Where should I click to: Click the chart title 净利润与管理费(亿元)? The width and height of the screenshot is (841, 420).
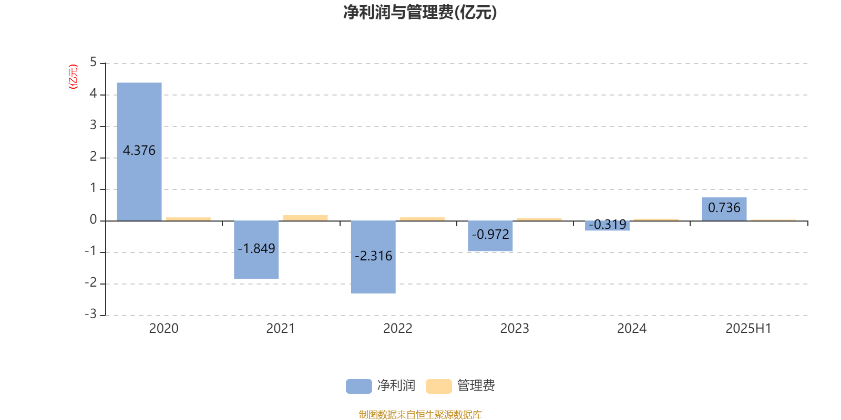pyautogui.click(x=420, y=13)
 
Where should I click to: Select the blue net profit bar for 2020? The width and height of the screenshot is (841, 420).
pyautogui.click(x=139, y=152)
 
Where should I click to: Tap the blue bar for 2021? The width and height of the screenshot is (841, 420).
pyautogui.click(x=257, y=250)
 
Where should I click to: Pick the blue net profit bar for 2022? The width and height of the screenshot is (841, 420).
pyautogui.click(x=373, y=257)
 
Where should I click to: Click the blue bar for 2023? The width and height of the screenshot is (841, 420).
pyautogui.click(x=490, y=236)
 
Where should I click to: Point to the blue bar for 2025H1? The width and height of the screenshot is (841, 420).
pyautogui.click(x=724, y=209)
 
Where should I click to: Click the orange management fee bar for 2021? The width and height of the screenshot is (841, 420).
pyautogui.click(x=305, y=218)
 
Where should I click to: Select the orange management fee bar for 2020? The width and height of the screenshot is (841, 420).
pyautogui.click(x=189, y=219)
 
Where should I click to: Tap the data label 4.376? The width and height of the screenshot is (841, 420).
pyautogui.click(x=139, y=150)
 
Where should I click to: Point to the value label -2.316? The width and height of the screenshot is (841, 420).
pyautogui.click(x=373, y=256)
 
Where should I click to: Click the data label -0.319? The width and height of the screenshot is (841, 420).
pyautogui.click(x=608, y=224)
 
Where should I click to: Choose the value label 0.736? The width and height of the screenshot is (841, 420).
pyautogui.click(x=724, y=207)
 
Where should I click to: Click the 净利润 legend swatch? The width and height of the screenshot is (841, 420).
pyautogui.click(x=359, y=386)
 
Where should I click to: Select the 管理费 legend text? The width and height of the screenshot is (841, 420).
pyautogui.click(x=476, y=385)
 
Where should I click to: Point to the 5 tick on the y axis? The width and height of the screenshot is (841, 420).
pyautogui.click(x=93, y=62)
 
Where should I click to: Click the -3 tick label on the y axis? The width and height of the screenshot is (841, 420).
pyautogui.click(x=91, y=314)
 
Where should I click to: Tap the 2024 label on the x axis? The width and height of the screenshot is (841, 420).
pyautogui.click(x=632, y=329)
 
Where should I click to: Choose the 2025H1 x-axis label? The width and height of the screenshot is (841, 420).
pyautogui.click(x=748, y=329)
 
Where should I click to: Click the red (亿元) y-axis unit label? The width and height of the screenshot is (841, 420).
pyautogui.click(x=73, y=77)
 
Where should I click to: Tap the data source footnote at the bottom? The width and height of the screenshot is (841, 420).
pyautogui.click(x=420, y=414)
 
